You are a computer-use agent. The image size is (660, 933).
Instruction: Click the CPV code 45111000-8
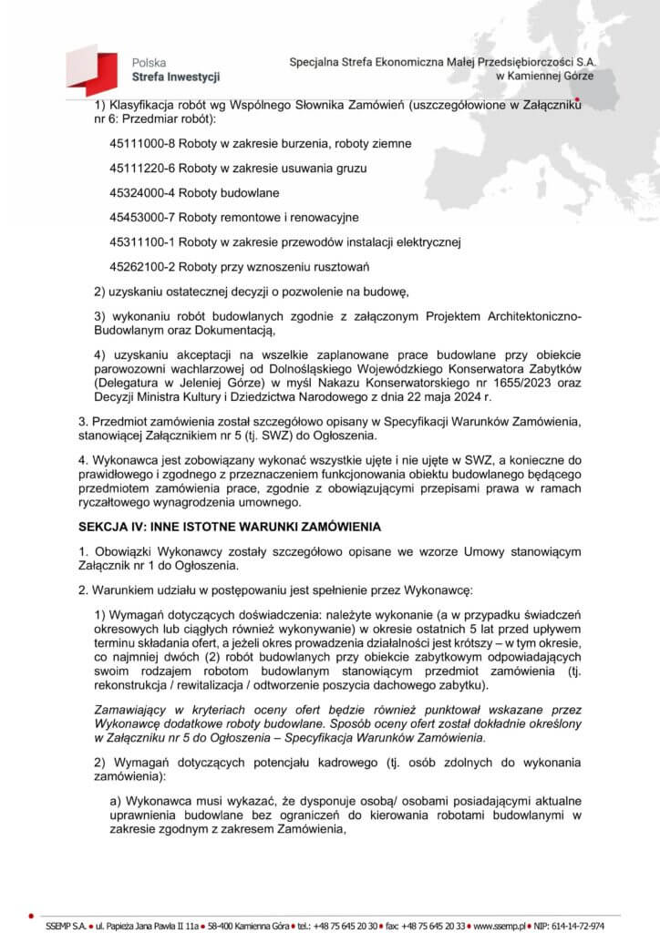tap(141, 143)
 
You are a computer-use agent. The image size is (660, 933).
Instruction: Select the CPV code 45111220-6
tap(141, 169)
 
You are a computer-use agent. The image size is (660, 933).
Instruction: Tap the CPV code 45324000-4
tap(141, 193)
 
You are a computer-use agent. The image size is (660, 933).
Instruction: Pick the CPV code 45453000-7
tap(141, 218)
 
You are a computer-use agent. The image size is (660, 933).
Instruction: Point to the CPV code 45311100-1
tap(141, 242)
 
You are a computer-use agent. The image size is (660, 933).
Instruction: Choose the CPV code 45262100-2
tap(141, 267)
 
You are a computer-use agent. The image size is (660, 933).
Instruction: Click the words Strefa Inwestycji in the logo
tap(175, 77)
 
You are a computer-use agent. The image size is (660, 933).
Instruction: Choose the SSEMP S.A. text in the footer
tap(63, 914)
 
